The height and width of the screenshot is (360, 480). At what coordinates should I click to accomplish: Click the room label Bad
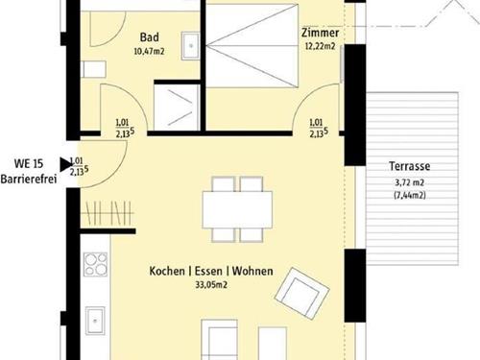coord(150,37)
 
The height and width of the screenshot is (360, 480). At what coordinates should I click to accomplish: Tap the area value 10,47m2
coord(149,51)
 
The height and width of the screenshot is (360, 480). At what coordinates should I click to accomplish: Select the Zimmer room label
coord(321,33)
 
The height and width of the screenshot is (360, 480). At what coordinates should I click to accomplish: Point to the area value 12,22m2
coord(321,46)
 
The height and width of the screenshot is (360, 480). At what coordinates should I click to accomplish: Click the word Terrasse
coord(410,166)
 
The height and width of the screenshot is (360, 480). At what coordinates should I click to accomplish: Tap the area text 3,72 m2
coord(410,182)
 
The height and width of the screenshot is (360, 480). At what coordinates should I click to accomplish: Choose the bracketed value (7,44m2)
coord(410,195)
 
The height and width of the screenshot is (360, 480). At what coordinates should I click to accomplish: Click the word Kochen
coord(167,271)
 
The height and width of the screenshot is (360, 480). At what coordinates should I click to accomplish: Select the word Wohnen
coord(252,271)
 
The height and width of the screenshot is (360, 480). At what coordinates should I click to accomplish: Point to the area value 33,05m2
coord(211,284)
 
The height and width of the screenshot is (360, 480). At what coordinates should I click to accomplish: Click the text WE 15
coord(29,164)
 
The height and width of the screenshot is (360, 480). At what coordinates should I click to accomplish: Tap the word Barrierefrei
coord(29,179)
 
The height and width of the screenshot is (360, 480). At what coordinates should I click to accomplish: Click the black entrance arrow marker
coord(66,165)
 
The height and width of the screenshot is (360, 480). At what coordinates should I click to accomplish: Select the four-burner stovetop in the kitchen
coord(95,264)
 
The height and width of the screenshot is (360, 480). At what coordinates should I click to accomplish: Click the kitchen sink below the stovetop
coord(95,321)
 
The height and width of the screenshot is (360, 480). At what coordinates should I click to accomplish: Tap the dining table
coord(237,209)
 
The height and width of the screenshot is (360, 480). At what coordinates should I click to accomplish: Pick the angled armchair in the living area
coord(302,294)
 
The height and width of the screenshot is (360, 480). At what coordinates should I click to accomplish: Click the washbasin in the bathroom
coord(190,46)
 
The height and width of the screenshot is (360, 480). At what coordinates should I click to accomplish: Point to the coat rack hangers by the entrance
coord(108,212)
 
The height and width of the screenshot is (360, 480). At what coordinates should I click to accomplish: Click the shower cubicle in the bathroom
coord(177,108)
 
